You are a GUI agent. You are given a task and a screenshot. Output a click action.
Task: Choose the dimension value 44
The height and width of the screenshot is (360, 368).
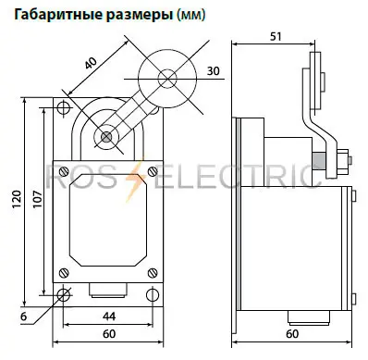point(109,317)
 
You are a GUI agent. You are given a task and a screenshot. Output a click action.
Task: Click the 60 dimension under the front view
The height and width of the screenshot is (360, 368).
point(109,334)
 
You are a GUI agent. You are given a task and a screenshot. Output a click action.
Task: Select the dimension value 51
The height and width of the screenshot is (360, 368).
point(275,37)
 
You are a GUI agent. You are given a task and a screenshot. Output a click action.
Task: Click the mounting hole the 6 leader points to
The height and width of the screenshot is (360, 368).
point(65,295)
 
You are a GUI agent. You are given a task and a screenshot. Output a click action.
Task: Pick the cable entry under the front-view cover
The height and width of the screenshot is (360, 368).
point(109,295)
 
